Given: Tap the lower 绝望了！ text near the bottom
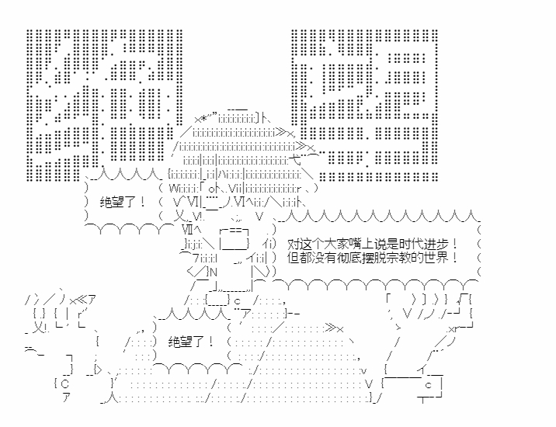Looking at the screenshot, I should (x=191, y=341).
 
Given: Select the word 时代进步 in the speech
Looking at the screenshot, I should (x=422, y=243).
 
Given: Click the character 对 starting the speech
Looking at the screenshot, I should (x=292, y=243).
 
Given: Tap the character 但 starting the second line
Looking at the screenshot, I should (x=292, y=257).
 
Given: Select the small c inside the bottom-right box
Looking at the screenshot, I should (x=428, y=384).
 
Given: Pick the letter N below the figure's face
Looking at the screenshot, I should (x=211, y=272).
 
